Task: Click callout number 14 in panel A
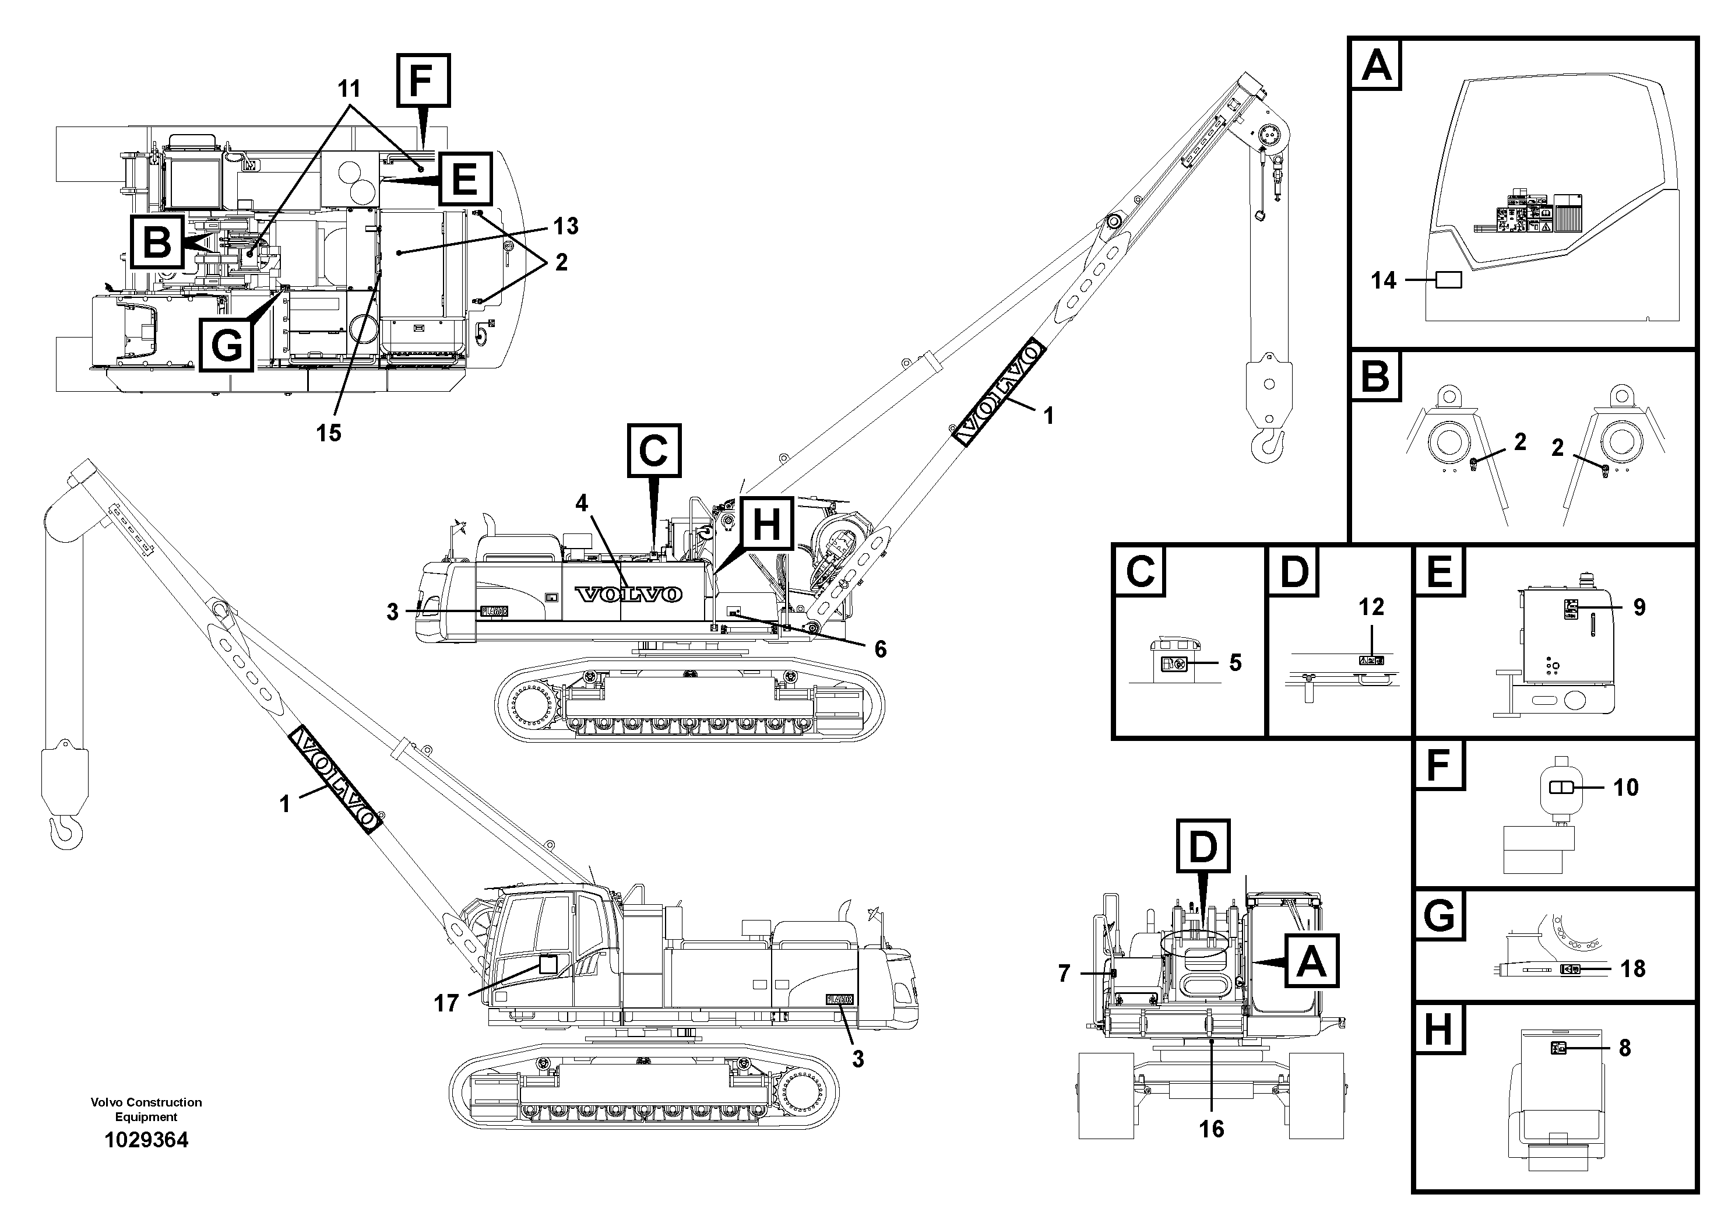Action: coord(1384,280)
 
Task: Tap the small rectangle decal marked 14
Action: coord(1448,280)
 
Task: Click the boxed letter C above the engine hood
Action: coord(654,451)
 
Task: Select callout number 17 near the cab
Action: coord(446,1003)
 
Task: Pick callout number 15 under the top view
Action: coord(329,433)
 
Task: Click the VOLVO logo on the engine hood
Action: coord(629,595)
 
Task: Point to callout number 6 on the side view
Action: coord(881,648)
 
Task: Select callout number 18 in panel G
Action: coord(1632,968)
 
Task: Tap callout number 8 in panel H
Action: coord(1625,1048)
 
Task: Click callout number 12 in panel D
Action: coord(1371,607)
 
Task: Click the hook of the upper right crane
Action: coord(1269,447)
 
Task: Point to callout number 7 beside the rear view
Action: coord(1064,974)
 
